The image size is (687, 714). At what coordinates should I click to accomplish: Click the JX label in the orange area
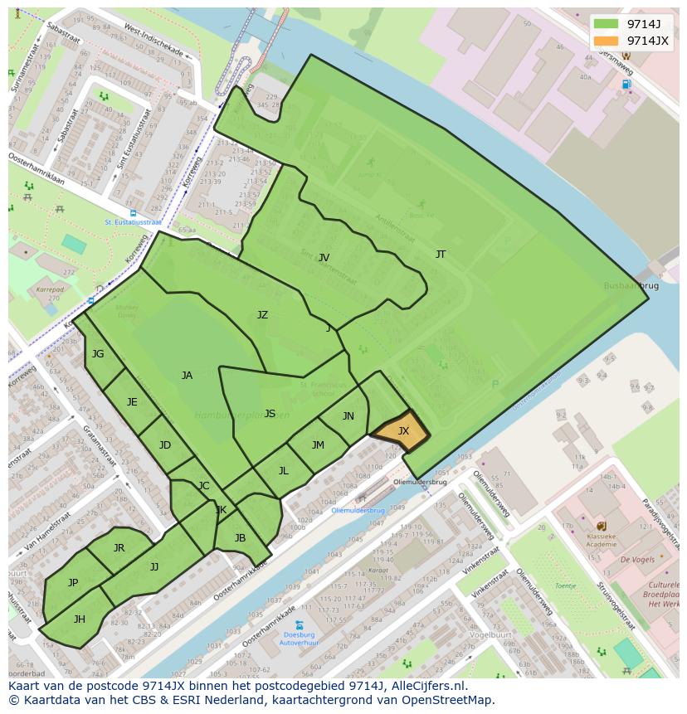click(x=403, y=431)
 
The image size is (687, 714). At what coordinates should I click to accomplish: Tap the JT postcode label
click(x=441, y=255)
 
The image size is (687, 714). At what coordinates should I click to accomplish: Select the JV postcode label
click(x=324, y=258)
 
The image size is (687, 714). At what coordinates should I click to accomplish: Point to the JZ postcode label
click(x=262, y=315)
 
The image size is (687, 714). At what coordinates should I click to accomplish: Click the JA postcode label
click(x=187, y=376)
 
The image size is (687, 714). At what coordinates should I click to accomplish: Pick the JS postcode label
click(x=270, y=414)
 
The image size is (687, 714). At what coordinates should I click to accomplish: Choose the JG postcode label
click(x=98, y=354)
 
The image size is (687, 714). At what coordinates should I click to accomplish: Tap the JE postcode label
click(x=132, y=402)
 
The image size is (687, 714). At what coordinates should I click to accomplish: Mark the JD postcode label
click(x=165, y=445)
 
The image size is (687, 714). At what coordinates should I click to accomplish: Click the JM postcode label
click(x=318, y=445)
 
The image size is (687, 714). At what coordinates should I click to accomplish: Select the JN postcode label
click(x=348, y=416)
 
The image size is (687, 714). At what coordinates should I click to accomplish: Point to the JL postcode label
click(x=283, y=471)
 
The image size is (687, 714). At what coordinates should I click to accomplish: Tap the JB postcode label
click(x=240, y=538)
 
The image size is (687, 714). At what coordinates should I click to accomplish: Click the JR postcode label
click(x=119, y=548)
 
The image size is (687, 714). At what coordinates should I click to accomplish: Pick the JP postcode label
click(x=73, y=583)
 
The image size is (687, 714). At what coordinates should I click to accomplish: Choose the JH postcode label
click(x=80, y=619)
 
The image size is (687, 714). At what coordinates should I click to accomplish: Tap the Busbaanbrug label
click(x=631, y=285)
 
